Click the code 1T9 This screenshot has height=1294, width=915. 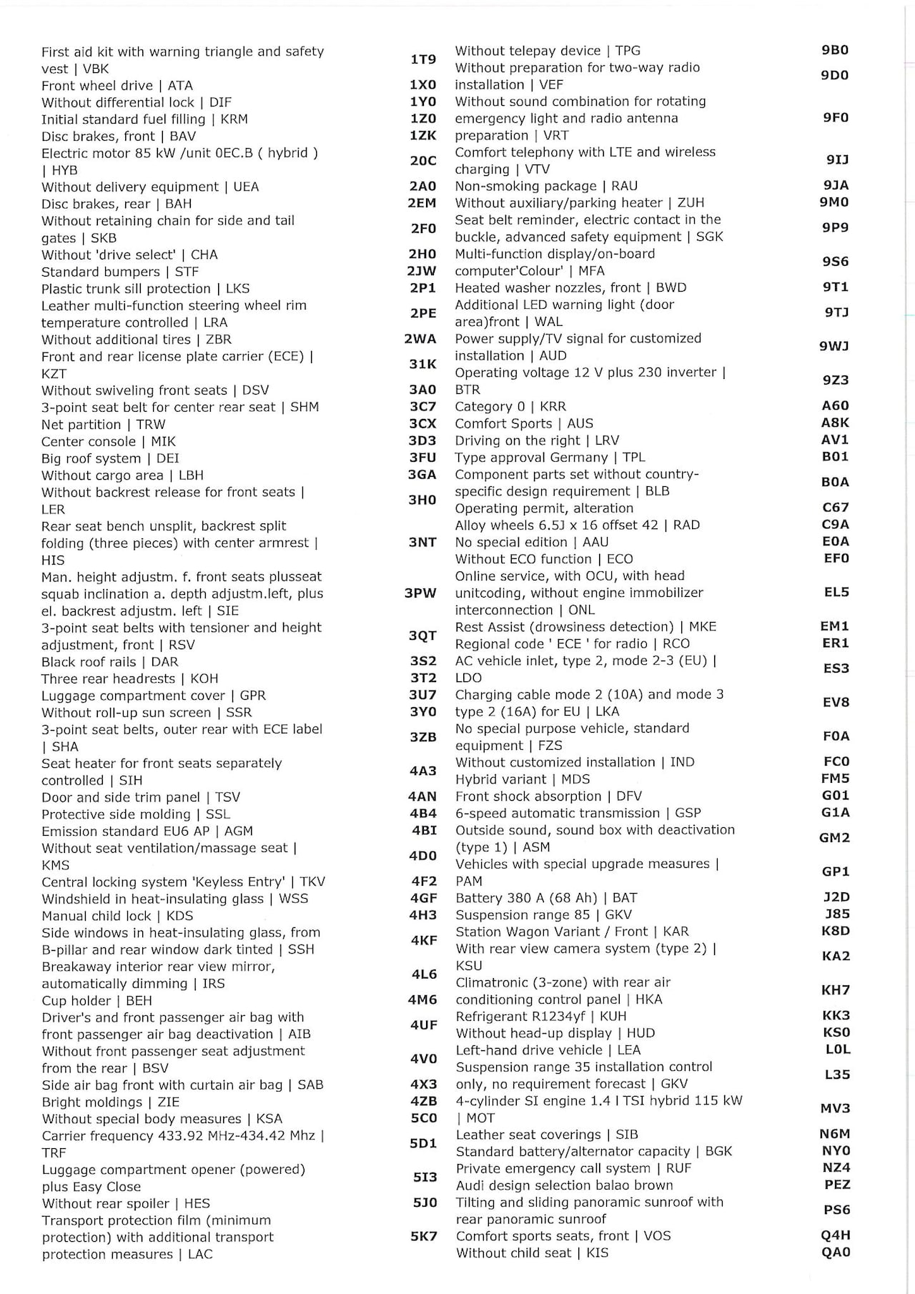coord(422,59)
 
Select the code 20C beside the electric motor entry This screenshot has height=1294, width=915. coord(422,161)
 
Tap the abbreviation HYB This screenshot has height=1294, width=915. coord(64,170)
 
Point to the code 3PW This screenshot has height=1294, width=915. coord(420,593)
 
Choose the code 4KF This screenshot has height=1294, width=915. coord(423,940)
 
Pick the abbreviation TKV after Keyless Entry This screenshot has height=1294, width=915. coord(312,881)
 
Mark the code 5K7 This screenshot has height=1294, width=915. coord(423,1236)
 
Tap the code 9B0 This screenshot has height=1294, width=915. coord(835,50)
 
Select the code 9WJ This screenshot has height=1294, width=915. coord(834,346)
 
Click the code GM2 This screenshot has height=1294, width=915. coord(834,837)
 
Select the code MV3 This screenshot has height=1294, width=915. coord(835,1108)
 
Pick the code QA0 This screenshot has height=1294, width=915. coord(836,1252)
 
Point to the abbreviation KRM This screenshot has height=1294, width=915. coord(234,119)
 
